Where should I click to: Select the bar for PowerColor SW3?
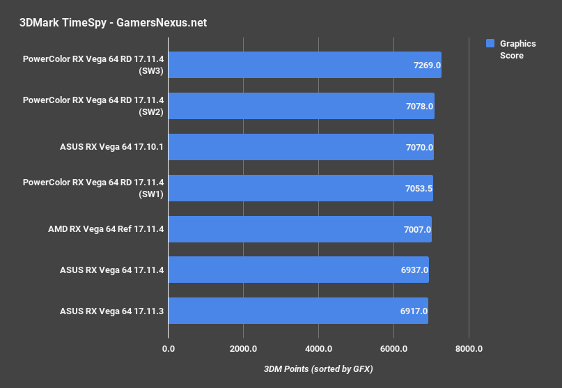tap(304, 65)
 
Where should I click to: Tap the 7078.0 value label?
tap(420, 107)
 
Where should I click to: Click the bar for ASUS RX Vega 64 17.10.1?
tap(301, 147)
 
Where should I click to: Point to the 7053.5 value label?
tap(419, 188)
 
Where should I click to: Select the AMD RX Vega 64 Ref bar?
tap(299, 229)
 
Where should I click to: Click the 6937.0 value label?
tap(415, 270)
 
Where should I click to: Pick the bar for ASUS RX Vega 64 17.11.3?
tap(298, 311)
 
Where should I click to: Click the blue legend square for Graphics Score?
tap(490, 44)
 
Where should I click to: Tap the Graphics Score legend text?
tap(517, 49)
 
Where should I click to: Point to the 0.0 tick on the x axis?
tap(169, 348)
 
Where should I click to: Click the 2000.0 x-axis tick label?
tap(244, 348)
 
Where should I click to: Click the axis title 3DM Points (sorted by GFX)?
tap(318, 368)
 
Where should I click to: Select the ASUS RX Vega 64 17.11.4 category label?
tap(112, 270)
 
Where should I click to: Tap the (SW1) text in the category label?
tap(151, 194)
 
